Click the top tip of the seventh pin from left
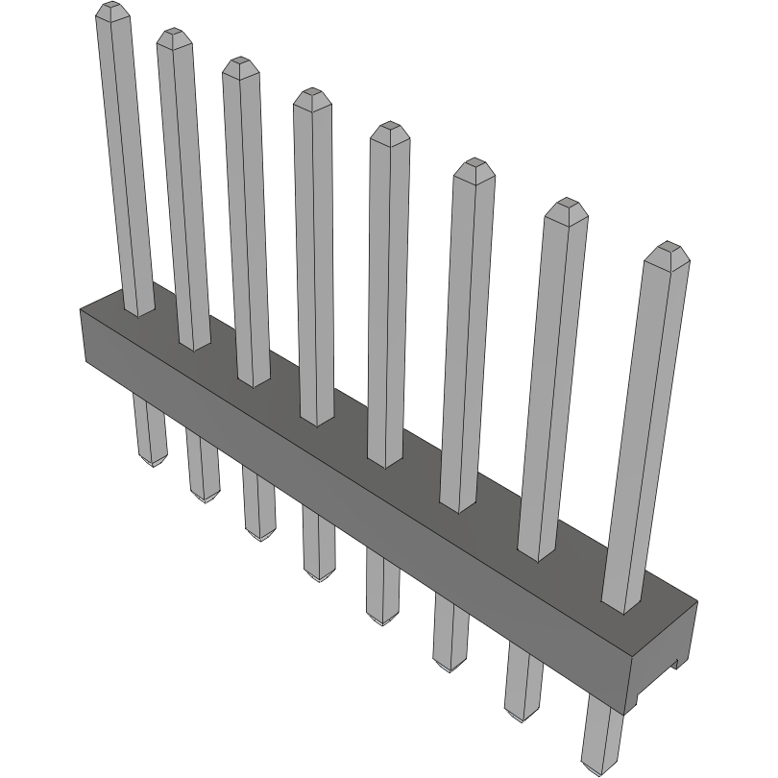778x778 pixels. [x=566, y=207]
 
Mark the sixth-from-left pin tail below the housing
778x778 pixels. [x=450, y=634]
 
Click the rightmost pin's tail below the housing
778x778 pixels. [x=602, y=735]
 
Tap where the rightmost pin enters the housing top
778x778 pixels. [x=623, y=603]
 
